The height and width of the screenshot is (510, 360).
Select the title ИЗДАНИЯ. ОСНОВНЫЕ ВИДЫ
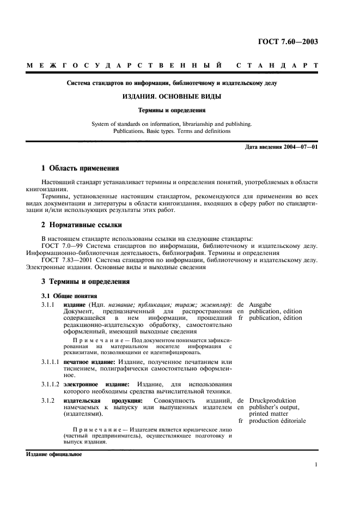click(172, 96)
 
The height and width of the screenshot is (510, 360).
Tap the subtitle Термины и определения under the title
click(172, 110)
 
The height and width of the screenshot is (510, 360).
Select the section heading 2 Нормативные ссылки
click(82, 224)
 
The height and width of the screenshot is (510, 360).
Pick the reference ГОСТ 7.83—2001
click(63, 260)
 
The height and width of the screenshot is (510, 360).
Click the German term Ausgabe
click(260, 304)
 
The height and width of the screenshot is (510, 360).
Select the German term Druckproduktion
click(272, 400)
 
